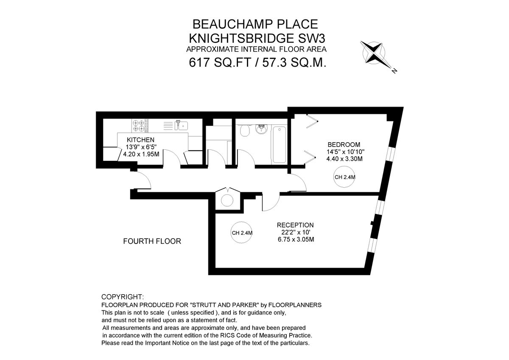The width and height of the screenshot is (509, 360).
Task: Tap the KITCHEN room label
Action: (140, 140)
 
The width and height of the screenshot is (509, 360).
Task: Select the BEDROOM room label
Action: (344, 144)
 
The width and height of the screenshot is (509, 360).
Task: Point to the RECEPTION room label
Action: (295, 225)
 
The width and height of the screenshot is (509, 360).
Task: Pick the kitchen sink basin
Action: (183, 125)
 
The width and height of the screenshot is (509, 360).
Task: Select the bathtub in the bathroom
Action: (279, 144)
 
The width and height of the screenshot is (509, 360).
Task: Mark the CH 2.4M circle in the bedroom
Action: (344, 178)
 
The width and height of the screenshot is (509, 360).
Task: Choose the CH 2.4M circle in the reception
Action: (242, 233)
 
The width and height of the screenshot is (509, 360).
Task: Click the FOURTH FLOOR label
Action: (152, 242)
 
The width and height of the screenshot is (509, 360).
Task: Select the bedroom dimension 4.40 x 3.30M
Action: (344, 159)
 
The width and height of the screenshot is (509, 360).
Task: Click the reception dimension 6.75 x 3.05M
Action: (295, 239)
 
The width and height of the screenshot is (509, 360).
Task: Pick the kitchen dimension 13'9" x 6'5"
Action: (141, 147)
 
